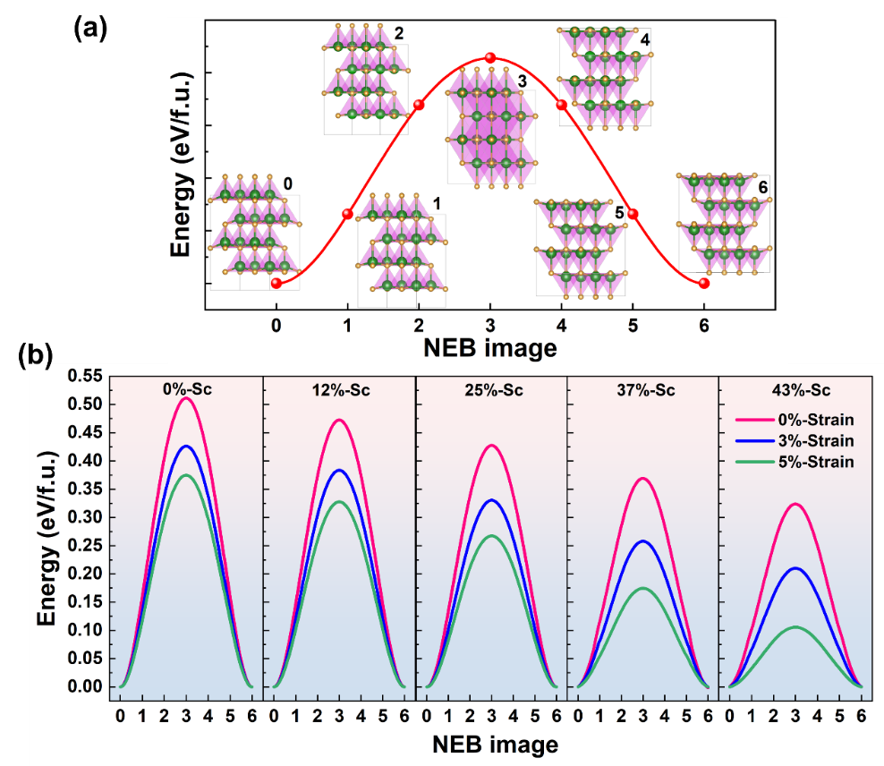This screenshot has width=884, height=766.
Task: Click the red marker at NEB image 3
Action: click(490, 58)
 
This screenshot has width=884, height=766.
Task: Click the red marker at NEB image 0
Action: click(276, 284)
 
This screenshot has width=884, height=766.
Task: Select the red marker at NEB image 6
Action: click(704, 284)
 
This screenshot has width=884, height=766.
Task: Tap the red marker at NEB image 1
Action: click(347, 213)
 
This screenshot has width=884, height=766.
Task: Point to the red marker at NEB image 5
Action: click(633, 214)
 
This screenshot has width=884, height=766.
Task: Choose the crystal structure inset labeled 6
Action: click(724, 224)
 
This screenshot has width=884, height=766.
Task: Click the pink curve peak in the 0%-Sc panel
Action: click(186, 398)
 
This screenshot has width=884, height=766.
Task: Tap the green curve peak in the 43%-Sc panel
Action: click(795, 627)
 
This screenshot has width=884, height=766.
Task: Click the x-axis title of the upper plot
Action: click(490, 347)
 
